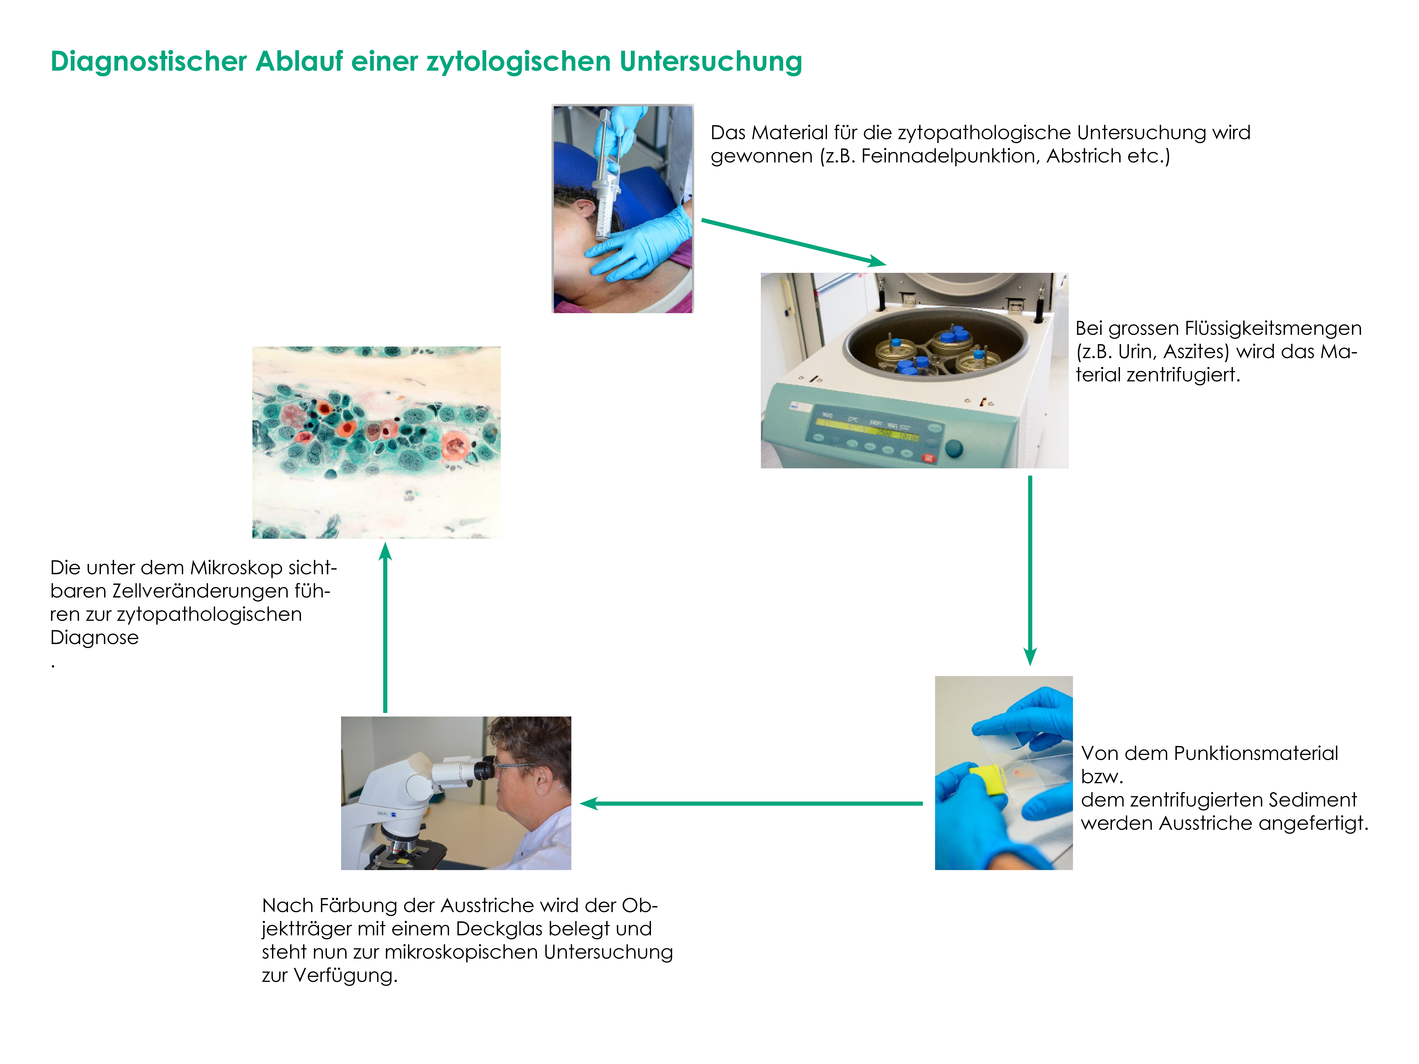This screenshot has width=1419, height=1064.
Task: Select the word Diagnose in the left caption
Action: [94, 638]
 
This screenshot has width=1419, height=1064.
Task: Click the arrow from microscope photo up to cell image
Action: [385, 627]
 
